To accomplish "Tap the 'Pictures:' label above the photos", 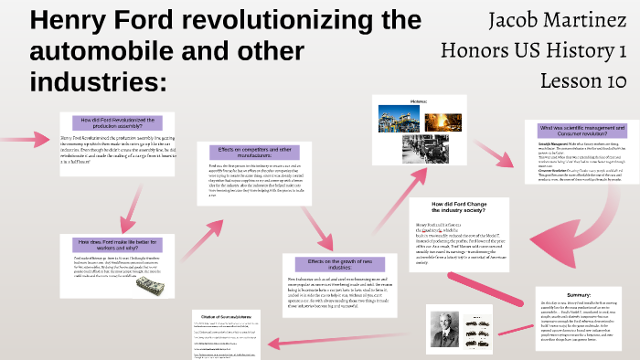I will coord(420,102).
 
